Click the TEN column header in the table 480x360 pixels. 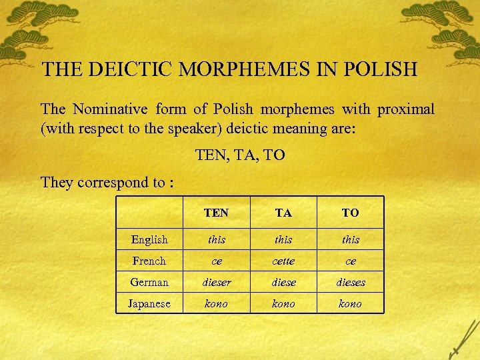pyautogui.click(x=216, y=213)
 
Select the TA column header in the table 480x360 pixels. pyautogui.click(x=283, y=213)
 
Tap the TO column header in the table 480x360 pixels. pyautogui.click(x=350, y=213)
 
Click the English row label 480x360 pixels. pyautogui.click(x=149, y=239)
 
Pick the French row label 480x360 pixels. pyautogui.click(x=149, y=261)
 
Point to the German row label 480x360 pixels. pyautogui.click(x=149, y=282)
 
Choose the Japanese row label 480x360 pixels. pyautogui.click(x=149, y=303)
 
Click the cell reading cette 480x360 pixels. pyautogui.click(x=283, y=261)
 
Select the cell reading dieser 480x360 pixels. pyautogui.click(x=216, y=282)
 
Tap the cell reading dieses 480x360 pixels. pyautogui.click(x=350, y=282)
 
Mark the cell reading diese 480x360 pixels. pyautogui.click(x=283, y=282)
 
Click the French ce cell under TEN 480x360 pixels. pyautogui.click(x=216, y=261)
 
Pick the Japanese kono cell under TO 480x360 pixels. pyautogui.click(x=350, y=303)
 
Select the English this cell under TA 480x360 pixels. pyautogui.click(x=283, y=239)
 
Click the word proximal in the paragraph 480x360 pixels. pyautogui.click(x=406, y=109)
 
